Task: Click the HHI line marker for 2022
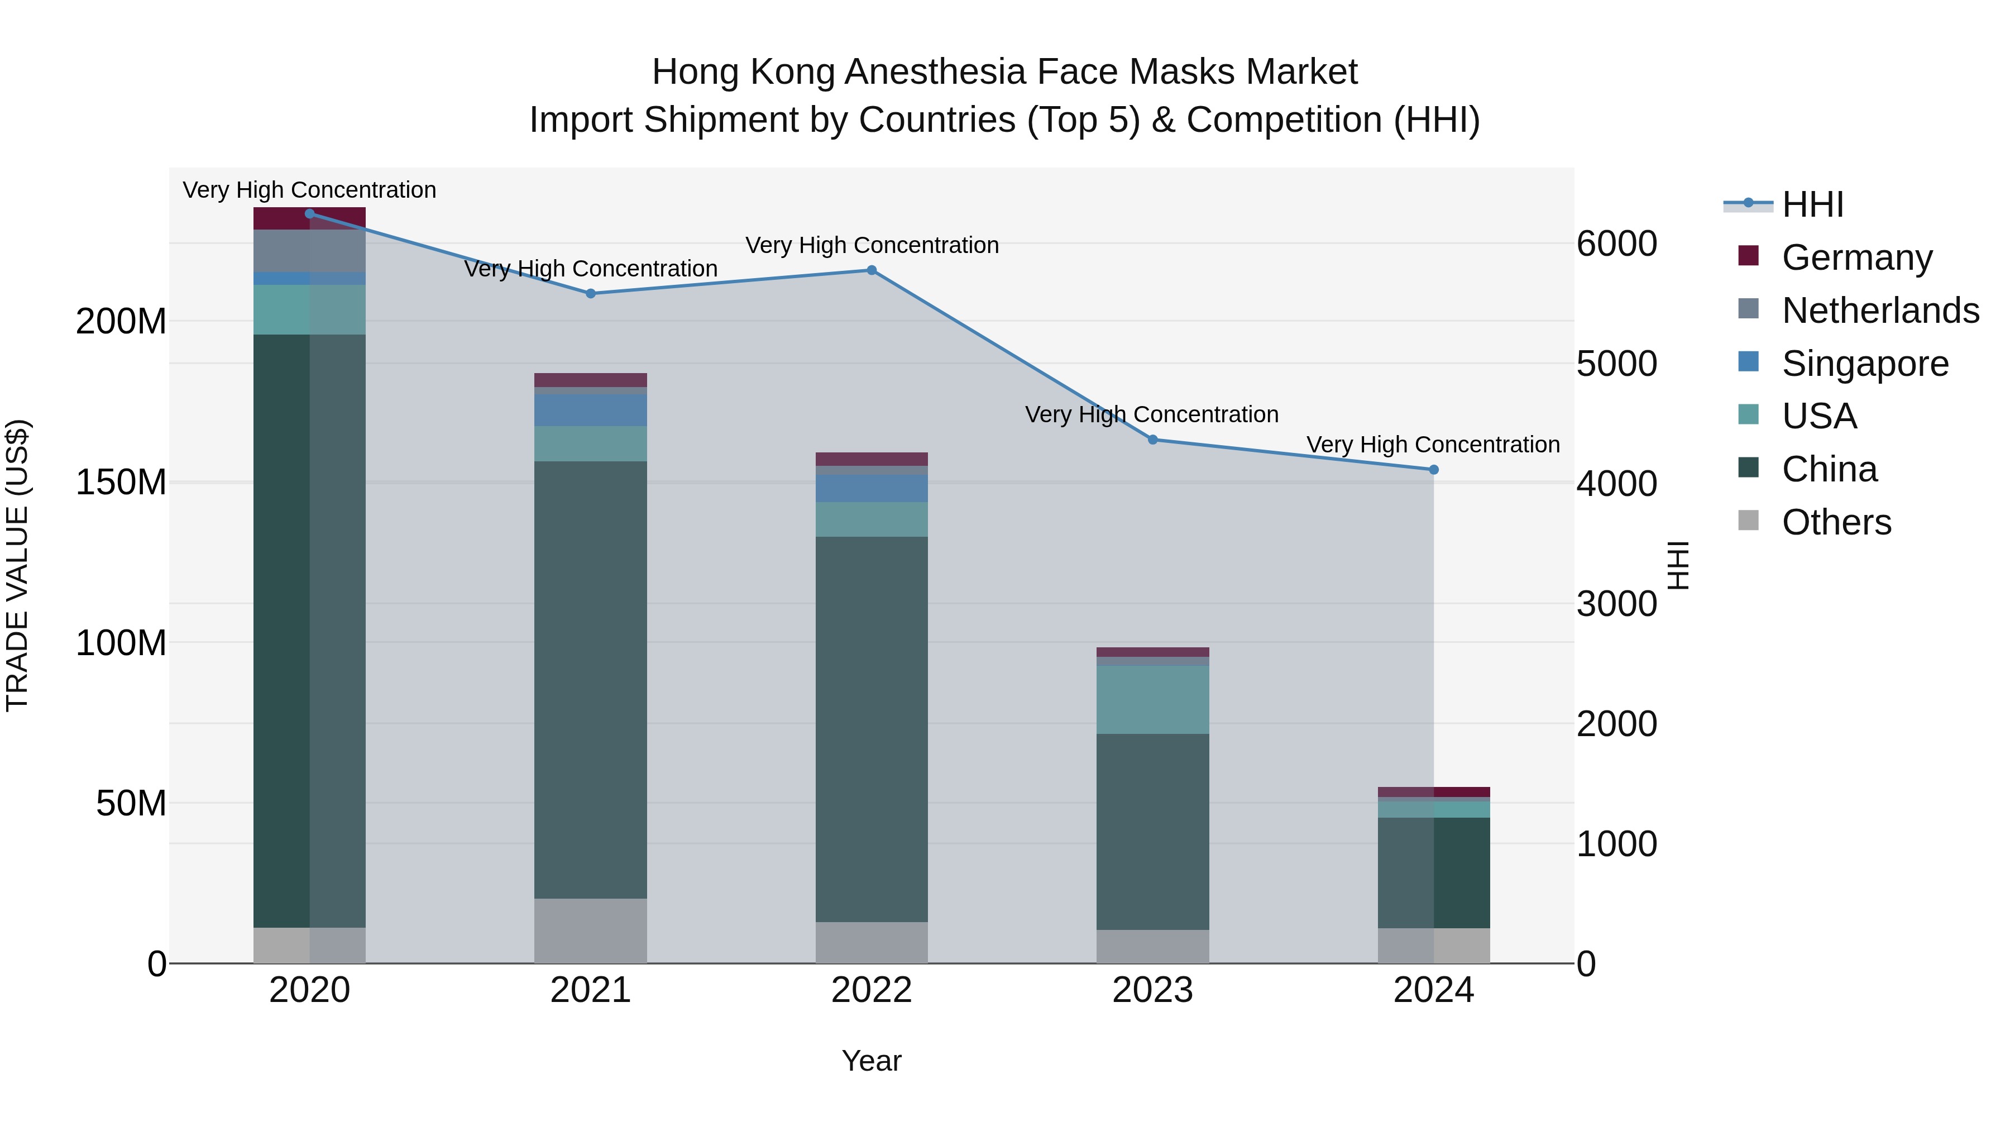(x=872, y=271)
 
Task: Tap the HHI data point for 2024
(x=1433, y=470)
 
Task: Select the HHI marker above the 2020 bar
(x=310, y=214)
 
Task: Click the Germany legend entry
(x=1857, y=257)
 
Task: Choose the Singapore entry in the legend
(x=1865, y=364)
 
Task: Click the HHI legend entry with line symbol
(x=1812, y=204)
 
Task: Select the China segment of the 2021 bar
(x=591, y=679)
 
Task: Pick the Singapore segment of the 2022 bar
(x=872, y=489)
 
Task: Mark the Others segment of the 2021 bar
(x=591, y=930)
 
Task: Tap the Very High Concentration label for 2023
(x=1152, y=414)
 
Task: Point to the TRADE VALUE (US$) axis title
(x=17, y=565)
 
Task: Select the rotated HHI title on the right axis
(x=1678, y=565)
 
